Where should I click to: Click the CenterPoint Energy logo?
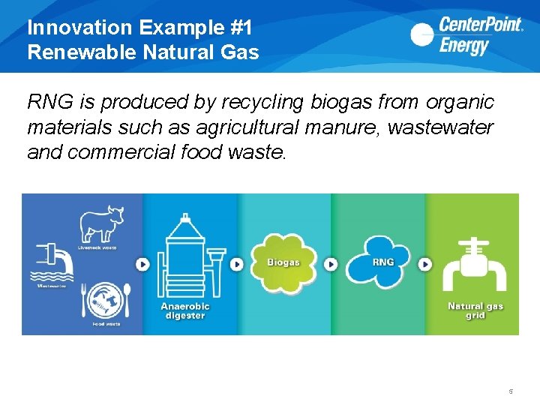(x=466, y=35)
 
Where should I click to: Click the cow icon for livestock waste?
(x=103, y=224)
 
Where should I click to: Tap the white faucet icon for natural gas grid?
(x=474, y=265)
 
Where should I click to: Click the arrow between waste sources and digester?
(x=142, y=264)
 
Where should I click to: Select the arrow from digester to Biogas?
(x=237, y=264)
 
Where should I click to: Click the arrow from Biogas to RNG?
(x=331, y=264)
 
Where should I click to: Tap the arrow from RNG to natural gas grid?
(x=425, y=264)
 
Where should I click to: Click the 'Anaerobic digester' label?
(x=185, y=310)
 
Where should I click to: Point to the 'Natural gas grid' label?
(x=475, y=310)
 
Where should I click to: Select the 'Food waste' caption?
(x=106, y=324)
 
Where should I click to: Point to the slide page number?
(x=510, y=391)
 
